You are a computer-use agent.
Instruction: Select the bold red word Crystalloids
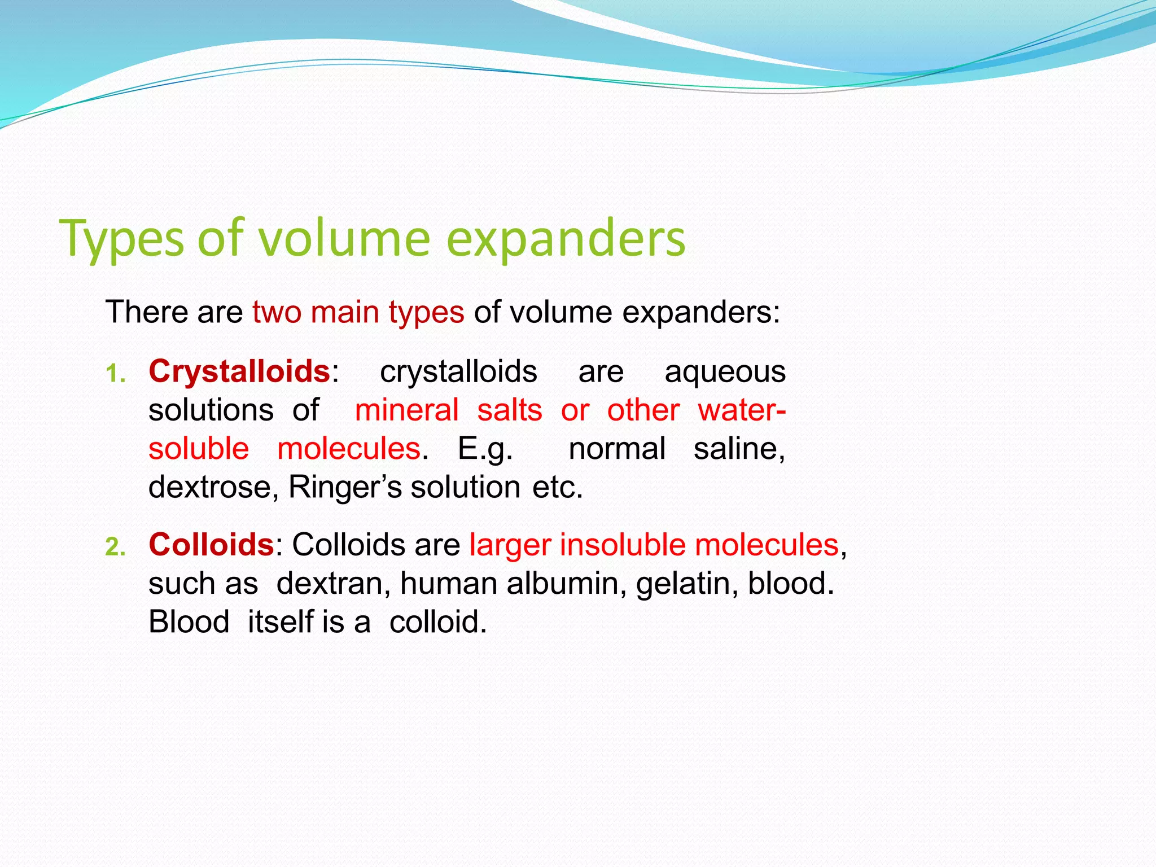pyautogui.click(x=239, y=372)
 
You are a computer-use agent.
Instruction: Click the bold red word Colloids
pyautogui.click(x=211, y=545)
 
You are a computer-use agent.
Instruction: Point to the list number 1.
pyautogui.click(x=115, y=374)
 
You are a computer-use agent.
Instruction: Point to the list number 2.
pyautogui.click(x=115, y=548)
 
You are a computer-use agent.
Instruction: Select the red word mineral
pyautogui.click(x=406, y=410)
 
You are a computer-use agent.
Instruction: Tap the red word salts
pyautogui.click(x=510, y=410)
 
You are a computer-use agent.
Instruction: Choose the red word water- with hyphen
pyautogui.click(x=741, y=410)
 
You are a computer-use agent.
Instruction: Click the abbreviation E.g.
pyautogui.click(x=485, y=450)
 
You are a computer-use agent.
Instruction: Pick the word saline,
pyautogui.click(x=739, y=449)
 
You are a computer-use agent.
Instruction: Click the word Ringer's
pyautogui.click(x=345, y=488)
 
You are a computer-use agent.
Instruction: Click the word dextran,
pyautogui.click(x=334, y=584)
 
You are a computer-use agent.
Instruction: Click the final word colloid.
pyautogui.click(x=437, y=622)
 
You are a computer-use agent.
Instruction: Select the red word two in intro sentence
pyautogui.click(x=277, y=312)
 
